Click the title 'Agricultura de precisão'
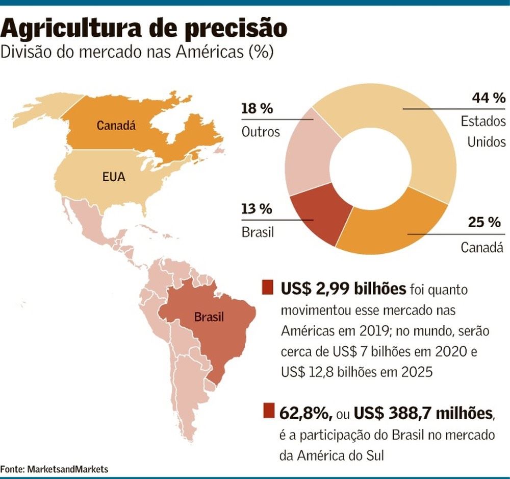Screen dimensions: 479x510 pos(144,29)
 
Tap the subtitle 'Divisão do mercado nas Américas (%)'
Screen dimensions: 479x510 pos(138,53)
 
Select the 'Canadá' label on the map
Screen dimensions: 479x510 pos(116,125)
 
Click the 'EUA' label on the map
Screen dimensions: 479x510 pos(114,178)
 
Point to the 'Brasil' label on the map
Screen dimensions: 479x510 pos(209,317)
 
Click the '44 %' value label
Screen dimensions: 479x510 pos(488,99)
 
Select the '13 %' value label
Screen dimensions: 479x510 pos(257,209)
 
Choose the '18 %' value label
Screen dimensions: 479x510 pos(257,109)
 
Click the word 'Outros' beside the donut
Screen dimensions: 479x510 pos(261,132)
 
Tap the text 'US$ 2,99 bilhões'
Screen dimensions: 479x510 pos(342,289)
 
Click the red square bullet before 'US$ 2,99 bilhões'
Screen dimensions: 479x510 pos(268,288)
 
